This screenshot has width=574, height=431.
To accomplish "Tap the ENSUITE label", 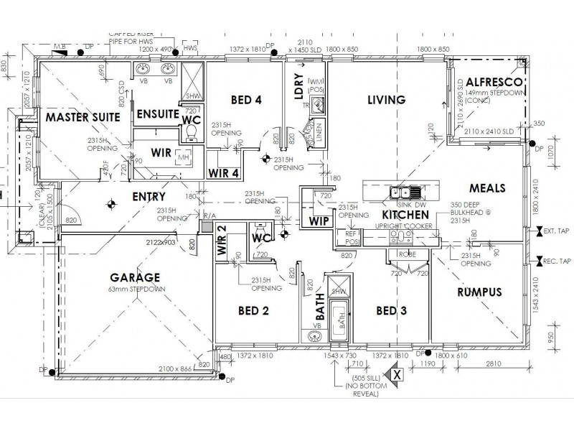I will click(157, 113).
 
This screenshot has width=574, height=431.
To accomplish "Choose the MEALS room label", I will click(487, 188).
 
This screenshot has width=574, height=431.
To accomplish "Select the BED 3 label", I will click(391, 310).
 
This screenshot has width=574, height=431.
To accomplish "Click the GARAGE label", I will click(135, 277).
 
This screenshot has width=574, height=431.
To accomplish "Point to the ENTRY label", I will click(149, 196).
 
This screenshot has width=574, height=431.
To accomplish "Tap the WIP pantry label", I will click(319, 221).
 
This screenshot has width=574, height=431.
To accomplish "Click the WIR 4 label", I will click(222, 172).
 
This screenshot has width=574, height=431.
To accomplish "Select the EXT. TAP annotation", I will click(557, 232).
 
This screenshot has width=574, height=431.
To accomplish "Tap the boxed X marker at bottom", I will click(396, 374).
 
